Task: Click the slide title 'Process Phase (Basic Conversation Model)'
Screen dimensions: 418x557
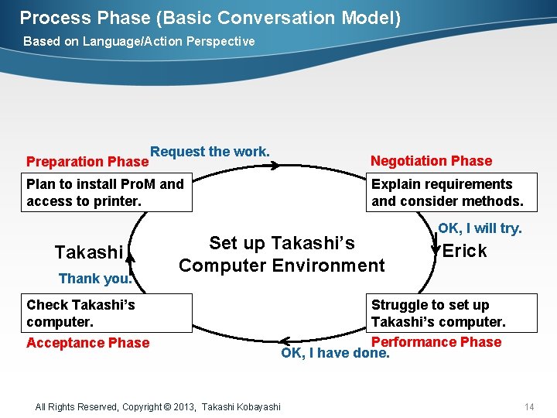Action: (210, 18)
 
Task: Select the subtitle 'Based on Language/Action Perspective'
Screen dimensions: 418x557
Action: (138, 41)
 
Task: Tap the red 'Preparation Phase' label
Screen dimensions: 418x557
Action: (87, 162)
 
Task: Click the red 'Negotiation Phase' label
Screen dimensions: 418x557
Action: (431, 161)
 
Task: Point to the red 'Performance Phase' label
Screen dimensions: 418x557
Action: (436, 342)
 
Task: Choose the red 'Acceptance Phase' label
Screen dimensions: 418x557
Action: (87, 343)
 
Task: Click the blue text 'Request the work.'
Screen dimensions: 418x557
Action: (210, 152)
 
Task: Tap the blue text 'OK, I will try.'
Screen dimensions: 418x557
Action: (480, 228)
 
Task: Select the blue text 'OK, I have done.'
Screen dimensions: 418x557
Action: (335, 354)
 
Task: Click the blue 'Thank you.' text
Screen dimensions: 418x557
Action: (95, 279)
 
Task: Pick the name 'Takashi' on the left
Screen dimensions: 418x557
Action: (89, 252)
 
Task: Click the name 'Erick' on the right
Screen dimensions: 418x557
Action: (464, 251)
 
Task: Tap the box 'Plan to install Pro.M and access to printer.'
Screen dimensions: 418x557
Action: (108, 193)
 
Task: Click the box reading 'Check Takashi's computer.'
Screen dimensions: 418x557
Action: (108, 313)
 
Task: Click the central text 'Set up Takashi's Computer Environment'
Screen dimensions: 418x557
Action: (282, 255)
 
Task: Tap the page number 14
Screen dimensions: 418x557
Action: (529, 406)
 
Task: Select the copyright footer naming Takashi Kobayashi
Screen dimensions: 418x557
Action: (158, 406)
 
